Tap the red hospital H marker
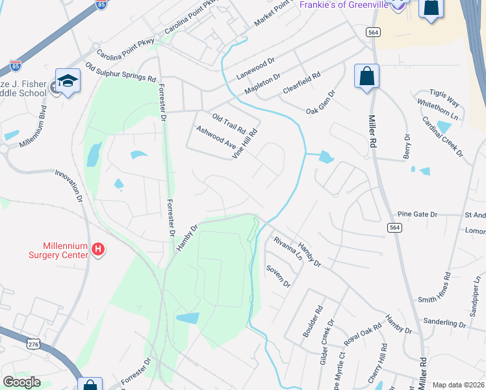coord(98,248)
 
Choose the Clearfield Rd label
coord(301,84)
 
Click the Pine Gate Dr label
coord(418,213)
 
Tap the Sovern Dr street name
coord(277,276)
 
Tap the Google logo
coord(21,382)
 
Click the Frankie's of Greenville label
coord(344,5)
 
